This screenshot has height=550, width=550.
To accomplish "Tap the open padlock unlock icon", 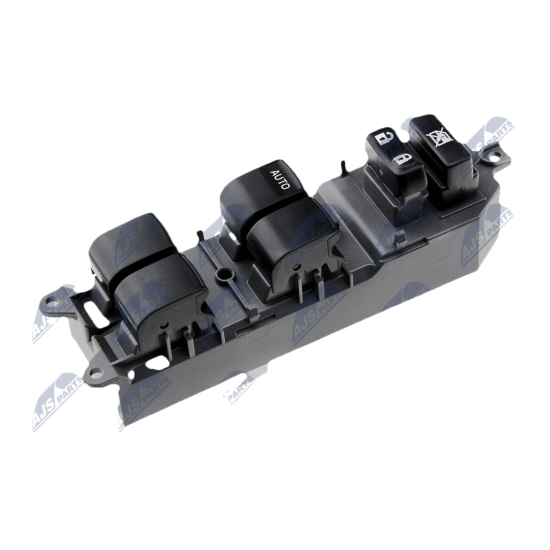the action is click(x=384, y=138).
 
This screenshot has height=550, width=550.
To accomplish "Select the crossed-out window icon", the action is click(x=439, y=137).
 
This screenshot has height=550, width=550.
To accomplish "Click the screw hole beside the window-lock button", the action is click(x=494, y=156).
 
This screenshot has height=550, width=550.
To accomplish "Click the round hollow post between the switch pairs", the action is click(x=222, y=274).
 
